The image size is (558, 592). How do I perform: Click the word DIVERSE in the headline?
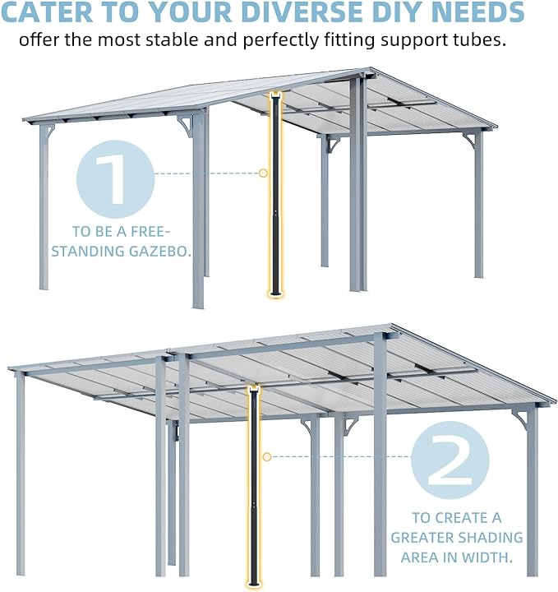click(302, 12)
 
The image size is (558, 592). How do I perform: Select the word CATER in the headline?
click(47, 12)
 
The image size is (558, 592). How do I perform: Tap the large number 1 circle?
click(115, 178)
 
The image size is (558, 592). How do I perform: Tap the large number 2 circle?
click(450, 460)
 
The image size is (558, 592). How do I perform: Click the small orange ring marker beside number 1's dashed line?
click(263, 173)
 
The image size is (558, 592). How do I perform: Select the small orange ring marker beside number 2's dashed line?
click(267, 457)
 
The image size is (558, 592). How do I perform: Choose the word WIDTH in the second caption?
click(484, 557)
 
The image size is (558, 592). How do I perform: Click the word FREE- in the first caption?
click(148, 231)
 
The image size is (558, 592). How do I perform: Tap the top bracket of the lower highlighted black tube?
click(254, 388)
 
